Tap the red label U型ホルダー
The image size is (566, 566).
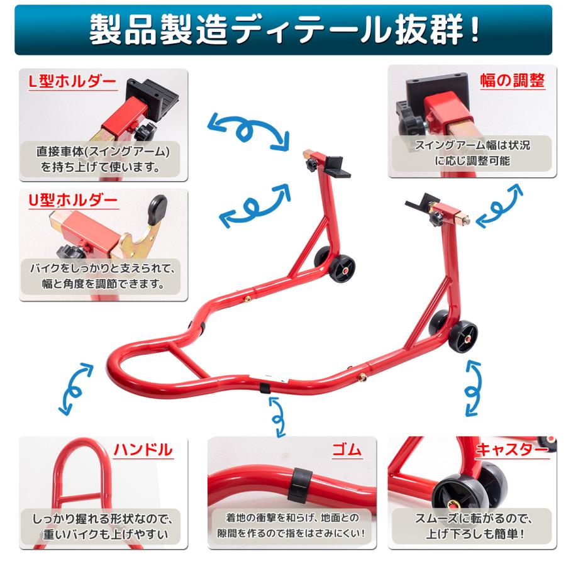point(73,201)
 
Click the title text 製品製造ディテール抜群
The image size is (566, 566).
point(282,31)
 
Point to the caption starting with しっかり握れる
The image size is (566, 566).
point(101,528)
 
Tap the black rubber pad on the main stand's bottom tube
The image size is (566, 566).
point(266,385)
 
